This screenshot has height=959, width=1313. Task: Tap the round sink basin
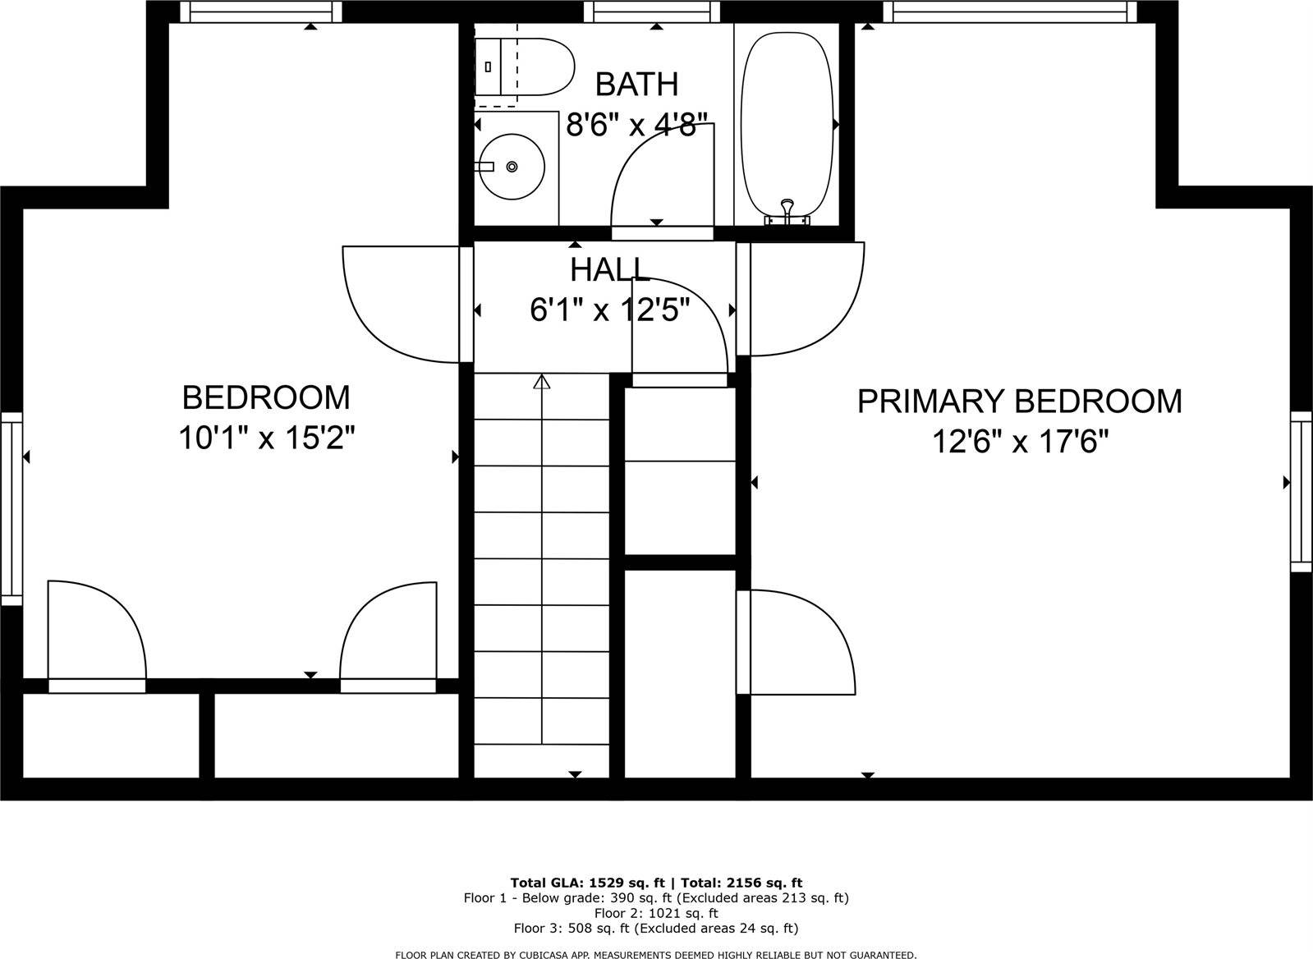pos(512,167)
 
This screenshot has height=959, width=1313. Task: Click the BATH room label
pos(636,84)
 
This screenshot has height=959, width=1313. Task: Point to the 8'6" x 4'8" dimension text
pos(636,126)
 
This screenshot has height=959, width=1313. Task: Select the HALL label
pos(609,269)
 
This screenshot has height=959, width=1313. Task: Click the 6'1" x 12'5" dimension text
pos(609,310)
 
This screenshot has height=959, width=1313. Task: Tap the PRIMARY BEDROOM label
pos(1019,401)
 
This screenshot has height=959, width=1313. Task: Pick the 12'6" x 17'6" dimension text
pos(1019,443)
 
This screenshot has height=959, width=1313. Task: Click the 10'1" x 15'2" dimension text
pos(266,438)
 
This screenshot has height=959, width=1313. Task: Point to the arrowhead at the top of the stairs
pos(541,381)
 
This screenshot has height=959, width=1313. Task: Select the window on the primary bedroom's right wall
pos(1301,491)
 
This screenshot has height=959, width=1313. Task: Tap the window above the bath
pos(651,11)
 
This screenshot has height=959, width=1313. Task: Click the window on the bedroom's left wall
pos(11,509)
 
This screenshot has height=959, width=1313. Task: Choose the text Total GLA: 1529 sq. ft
pos(587,883)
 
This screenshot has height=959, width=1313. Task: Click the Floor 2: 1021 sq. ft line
pos(656,913)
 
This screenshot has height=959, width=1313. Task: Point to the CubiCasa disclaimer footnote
pos(656,955)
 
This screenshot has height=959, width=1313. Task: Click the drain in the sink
pos(512,167)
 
